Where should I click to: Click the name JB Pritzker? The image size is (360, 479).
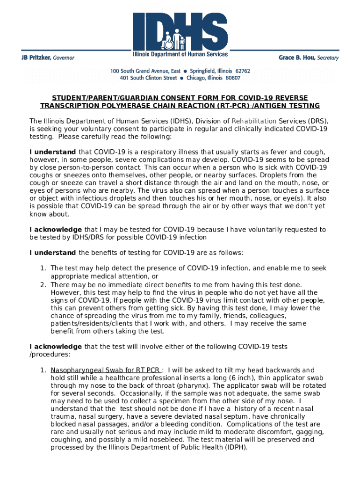pos(36,58)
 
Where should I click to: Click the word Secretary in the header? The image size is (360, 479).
pos(328,58)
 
